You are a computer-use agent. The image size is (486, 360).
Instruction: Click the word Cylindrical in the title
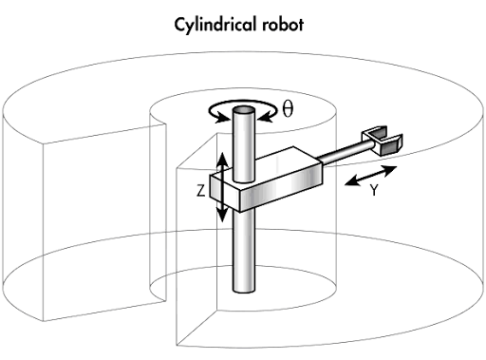click(x=215, y=25)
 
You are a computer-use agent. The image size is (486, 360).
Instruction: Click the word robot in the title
click(x=283, y=25)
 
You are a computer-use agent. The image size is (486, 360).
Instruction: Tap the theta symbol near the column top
click(x=288, y=108)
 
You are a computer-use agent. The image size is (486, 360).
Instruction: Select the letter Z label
click(x=201, y=191)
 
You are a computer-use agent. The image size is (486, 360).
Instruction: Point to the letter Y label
click(x=374, y=190)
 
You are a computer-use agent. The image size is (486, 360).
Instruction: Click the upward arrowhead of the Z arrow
click(x=222, y=160)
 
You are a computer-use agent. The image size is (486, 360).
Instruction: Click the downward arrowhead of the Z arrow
click(x=222, y=215)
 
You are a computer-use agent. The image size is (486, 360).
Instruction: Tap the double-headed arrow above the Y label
click(x=371, y=176)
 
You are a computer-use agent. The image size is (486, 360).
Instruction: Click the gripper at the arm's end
click(x=383, y=141)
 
